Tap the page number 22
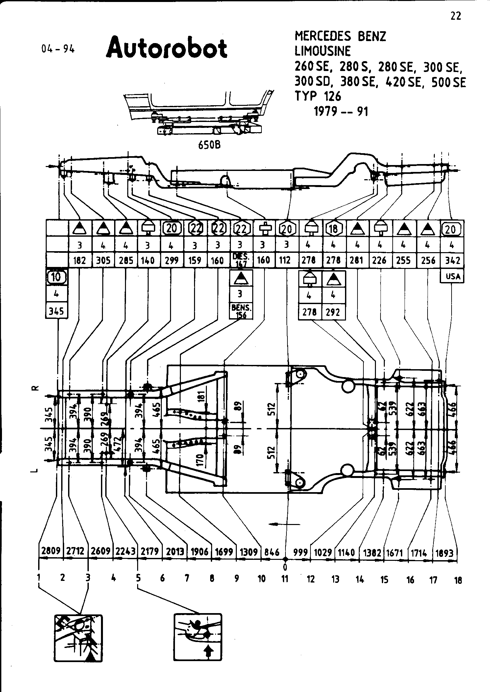456,16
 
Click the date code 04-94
58,49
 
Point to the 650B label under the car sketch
210,145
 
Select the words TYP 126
318,96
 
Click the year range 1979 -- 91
341,111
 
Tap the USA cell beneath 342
453,276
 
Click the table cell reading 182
80,260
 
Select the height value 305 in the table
103,260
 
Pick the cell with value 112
285,260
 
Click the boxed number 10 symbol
57,277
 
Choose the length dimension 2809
51,551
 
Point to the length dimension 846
272,552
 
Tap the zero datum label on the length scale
285,567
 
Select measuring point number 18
458,580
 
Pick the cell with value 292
333,312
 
